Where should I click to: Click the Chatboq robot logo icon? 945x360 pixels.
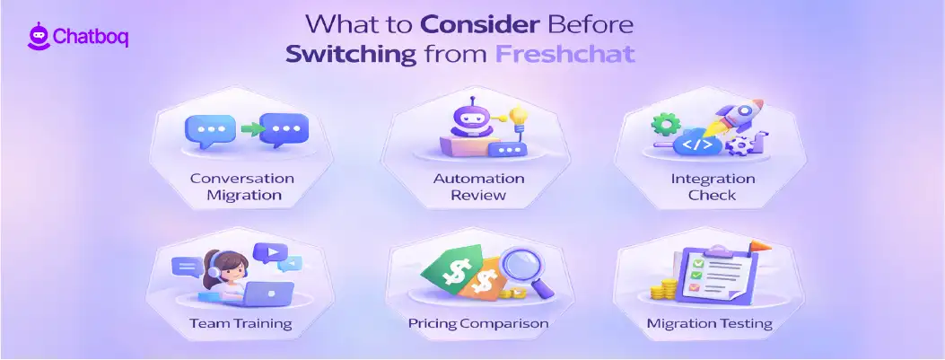click(x=38, y=37)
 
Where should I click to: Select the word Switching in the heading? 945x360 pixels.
click(x=351, y=53)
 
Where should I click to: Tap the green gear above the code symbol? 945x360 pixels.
click(x=665, y=122)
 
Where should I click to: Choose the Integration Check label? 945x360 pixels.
click(x=713, y=186)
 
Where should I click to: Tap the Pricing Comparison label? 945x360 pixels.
click(x=478, y=323)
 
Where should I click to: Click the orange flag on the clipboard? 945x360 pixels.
click(x=760, y=243)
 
